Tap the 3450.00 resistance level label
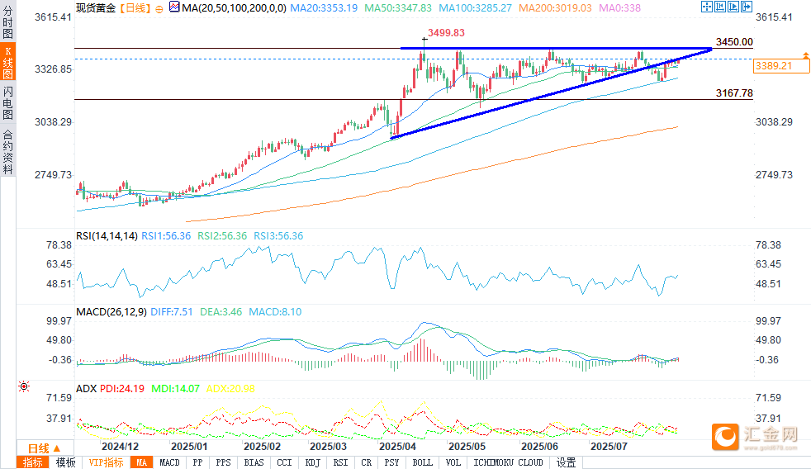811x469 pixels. (735, 42)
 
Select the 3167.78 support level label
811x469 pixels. (735, 93)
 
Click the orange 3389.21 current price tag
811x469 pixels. (773, 65)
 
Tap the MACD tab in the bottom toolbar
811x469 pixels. (169, 463)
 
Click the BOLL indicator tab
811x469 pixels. (422, 463)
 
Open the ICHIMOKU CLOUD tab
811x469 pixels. (508, 463)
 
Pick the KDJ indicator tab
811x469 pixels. (312, 463)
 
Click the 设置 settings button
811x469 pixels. (566, 463)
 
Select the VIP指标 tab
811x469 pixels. (107, 463)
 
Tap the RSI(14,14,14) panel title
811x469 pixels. (107, 236)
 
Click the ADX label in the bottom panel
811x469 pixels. (86, 388)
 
